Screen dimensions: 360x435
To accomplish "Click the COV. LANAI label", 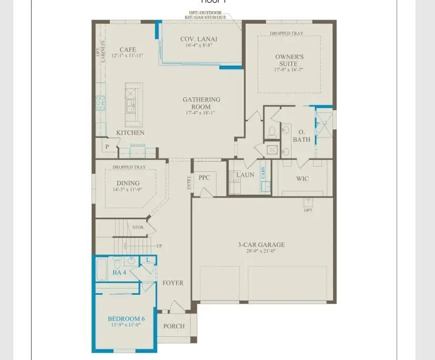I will point(198,39).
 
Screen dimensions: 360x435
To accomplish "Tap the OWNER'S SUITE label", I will point(289,60).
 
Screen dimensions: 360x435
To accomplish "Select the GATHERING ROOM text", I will point(201,103).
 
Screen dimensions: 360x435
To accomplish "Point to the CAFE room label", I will point(128,50).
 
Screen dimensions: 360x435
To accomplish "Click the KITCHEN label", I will point(130,133).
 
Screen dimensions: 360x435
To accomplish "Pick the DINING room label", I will point(128,183).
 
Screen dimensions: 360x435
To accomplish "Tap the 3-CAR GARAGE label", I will point(261,244).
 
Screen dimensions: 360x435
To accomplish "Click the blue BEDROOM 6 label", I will point(126,319).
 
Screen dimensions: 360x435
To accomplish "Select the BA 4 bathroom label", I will point(119,272).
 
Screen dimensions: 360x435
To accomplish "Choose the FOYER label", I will point(173,283).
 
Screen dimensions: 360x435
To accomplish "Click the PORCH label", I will point(174,326).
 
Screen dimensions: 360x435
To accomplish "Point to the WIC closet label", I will point(302,179).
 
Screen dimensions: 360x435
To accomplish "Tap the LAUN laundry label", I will point(245,175).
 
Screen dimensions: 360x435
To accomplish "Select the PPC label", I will point(204,178).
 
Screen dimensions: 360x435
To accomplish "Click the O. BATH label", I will point(301,136).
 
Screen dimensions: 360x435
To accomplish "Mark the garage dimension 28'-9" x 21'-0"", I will point(261,251).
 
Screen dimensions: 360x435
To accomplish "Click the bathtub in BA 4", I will point(102,269).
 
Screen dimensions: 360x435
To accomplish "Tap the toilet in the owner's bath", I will point(272,132).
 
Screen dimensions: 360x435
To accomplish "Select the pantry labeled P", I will point(107,147).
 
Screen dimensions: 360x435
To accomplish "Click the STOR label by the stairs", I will point(138,228).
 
